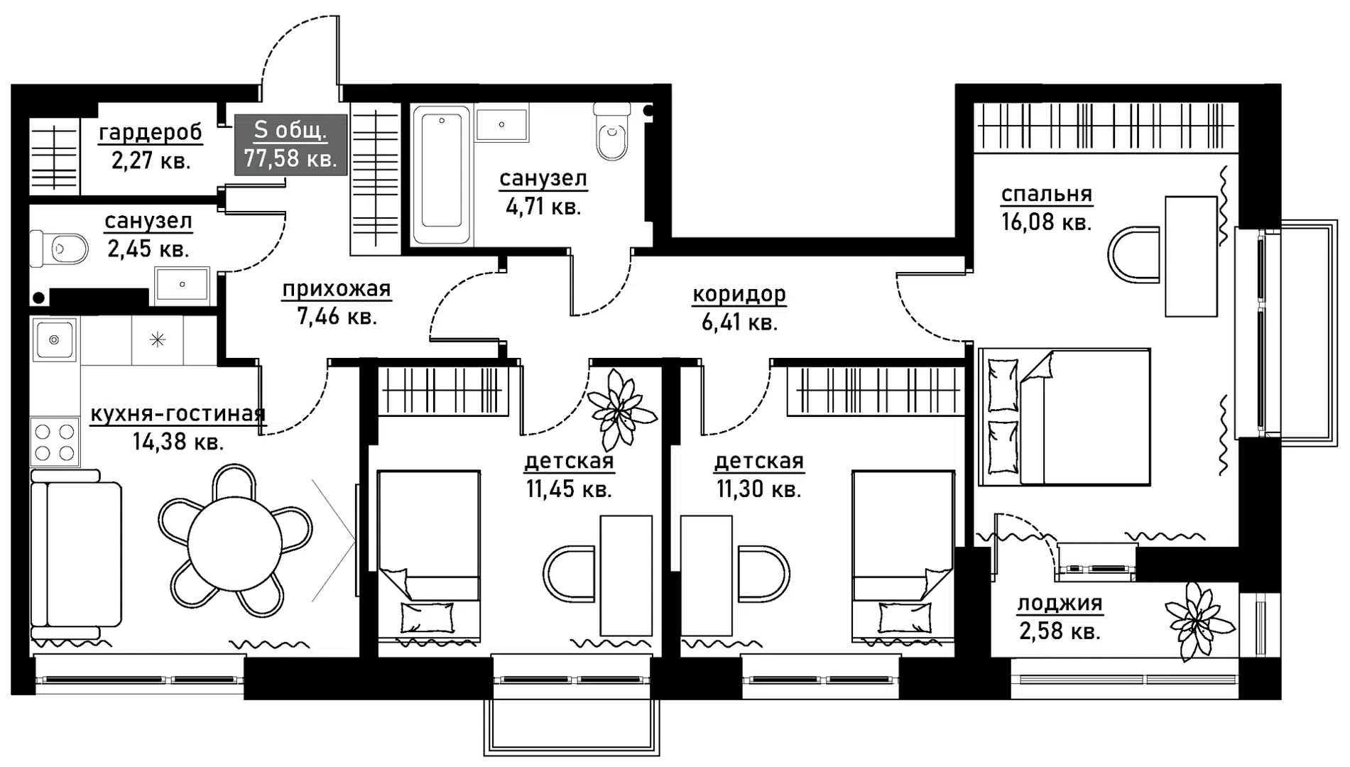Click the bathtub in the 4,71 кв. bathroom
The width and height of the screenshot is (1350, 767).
[x=441, y=175]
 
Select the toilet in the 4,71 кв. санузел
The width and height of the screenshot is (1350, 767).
[x=611, y=131]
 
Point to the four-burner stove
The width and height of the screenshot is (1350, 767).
[x=55, y=442]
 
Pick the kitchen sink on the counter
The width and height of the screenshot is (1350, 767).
[x=54, y=339]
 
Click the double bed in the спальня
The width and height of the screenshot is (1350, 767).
[x=1064, y=417]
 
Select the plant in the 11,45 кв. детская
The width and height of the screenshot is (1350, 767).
[x=618, y=410]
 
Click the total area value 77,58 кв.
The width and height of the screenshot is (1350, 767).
[x=290, y=158]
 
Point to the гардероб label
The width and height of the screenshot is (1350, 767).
[x=151, y=133]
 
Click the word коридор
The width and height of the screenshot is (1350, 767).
[x=739, y=295]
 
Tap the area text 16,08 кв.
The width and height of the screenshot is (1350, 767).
[x=1046, y=222]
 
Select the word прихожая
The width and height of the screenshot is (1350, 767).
[x=337, y=289]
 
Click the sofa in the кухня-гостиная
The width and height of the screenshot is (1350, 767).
[x=75, y=553]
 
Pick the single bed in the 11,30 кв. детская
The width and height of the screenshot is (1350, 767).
[x=903, y=553]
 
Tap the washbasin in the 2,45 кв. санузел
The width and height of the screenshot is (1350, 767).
[x=183, y=284]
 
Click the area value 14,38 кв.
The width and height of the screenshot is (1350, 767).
[x=178, y=442]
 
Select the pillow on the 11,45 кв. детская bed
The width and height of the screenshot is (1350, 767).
[x=428, y=617]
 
